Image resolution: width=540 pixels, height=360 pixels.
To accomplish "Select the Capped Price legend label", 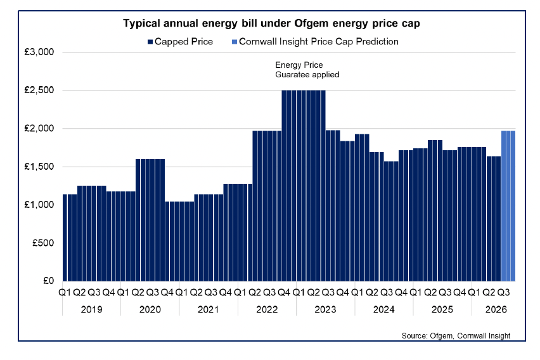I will point(184,41).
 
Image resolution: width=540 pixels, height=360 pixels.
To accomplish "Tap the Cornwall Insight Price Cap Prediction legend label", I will point(319,41).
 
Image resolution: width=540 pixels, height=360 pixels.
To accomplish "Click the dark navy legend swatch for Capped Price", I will point(150,41).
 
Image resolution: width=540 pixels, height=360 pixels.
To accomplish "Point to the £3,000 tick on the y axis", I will point(40,53).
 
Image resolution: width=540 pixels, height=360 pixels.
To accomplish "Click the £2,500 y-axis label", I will point(40,91).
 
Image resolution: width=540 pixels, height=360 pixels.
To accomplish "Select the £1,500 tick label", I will point(40,167).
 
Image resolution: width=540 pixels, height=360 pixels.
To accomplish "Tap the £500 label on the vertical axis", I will point(44,243).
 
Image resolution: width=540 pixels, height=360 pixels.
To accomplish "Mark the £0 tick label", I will point(48,281).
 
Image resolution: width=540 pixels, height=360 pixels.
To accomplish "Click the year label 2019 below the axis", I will point(91,310).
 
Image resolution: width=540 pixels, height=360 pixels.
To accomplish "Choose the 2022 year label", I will point(267,310).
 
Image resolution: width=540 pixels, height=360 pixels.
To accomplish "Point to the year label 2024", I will point(384,310).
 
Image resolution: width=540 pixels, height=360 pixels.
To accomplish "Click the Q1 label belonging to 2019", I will point(65,293).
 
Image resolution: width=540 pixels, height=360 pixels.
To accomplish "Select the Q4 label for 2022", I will point(284,293).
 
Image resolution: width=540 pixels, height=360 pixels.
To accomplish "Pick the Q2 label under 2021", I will point(196,293).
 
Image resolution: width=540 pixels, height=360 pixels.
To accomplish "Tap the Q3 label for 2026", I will point(504,293).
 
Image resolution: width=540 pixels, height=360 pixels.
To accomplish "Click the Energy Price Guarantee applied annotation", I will point(307,70).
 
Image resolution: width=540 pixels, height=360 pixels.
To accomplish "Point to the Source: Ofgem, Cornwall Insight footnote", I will point(456,335).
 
